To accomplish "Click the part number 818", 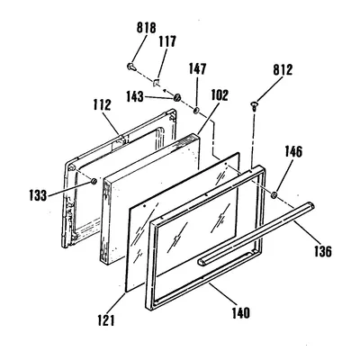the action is [x=147, y=28].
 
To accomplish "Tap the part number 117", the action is [x=167, y=41].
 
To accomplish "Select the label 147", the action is [x=197, y=68].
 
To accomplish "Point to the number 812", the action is [x=283, y=70].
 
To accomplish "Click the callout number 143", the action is [x=135, y=96].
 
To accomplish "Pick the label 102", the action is [x=220, y=95].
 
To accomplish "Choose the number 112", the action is [x=102, y=105].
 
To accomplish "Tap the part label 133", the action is [x=38, y=196].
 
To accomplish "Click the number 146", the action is [x=293, y=152].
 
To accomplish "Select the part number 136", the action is [x=322, y=251].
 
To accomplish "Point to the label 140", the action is [x=240, y=313].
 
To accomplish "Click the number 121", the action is [x=106, y=320].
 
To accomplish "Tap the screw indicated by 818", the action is [x=131, y=67].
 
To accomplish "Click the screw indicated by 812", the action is [x=255, y=106].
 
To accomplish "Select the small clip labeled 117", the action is [x=157, y=82].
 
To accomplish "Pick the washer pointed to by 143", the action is [x=177, y=97].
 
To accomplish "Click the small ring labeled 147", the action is [x=196, y=111].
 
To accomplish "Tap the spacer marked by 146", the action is [x=274, y=195].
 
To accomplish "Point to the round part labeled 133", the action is [x=94, y=181].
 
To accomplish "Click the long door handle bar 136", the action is [x=256, y=234].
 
